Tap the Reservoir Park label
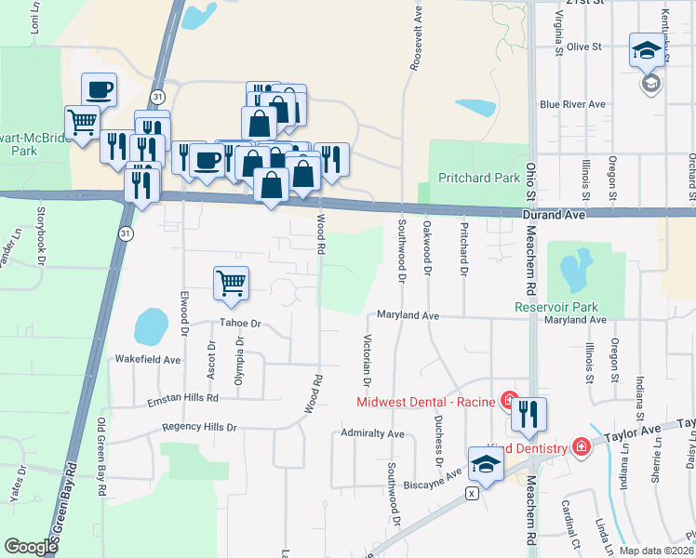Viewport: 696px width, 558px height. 555,307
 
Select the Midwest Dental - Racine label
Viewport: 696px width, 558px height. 428,402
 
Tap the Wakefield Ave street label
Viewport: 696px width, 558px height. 147,358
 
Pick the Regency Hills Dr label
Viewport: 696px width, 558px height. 199,427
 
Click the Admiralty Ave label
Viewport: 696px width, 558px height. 372,433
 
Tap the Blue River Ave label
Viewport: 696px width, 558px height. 572,104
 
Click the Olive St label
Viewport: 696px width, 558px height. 584,46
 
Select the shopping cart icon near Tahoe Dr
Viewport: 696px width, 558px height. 231,283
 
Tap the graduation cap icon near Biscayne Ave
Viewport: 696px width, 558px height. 486,463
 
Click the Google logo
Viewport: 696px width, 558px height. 31,547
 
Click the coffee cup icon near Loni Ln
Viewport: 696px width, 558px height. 100,89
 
